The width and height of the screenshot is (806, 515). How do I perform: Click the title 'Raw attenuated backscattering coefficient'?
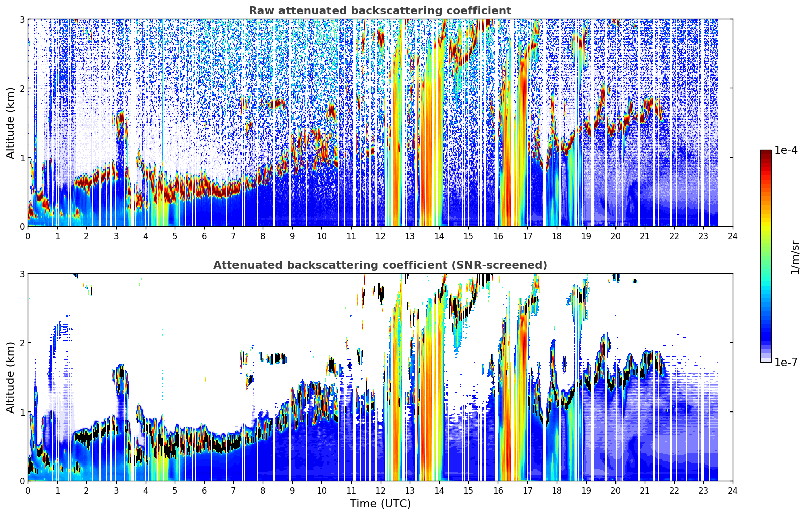pos(380,11)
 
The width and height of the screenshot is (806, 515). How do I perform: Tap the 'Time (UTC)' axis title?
pos(380,504)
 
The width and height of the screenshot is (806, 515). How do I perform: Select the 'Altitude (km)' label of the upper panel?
pos(10,123)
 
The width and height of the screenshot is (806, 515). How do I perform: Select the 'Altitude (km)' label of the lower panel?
pos(10,378)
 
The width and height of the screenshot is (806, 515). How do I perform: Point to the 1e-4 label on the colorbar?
pos(786,150)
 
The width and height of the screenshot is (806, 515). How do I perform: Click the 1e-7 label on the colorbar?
pos(786,362)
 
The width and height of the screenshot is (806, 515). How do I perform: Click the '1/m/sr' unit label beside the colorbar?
pos(794,258)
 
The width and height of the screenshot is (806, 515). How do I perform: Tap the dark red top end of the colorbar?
pos(766,151)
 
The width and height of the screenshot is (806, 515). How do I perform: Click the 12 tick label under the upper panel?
pos(381,236)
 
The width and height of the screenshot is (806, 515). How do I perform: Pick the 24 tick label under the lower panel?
pos(733,491)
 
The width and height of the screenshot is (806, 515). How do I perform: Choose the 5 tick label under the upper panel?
pos(175,236)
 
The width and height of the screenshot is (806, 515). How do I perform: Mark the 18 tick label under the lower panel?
pos(557,491)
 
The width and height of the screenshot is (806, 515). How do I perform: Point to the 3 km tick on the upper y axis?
pos(22,19)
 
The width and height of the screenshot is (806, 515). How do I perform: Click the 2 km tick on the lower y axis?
pos(22,343)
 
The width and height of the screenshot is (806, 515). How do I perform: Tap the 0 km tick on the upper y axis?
pos(22,226)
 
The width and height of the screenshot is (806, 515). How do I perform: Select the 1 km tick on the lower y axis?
pos(22,412)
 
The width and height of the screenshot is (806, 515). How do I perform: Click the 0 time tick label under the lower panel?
pos(28,491)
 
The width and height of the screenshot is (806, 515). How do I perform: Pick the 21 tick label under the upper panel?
pos(645,236)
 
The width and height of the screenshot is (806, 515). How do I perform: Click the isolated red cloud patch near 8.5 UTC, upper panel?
pos(276,105)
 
